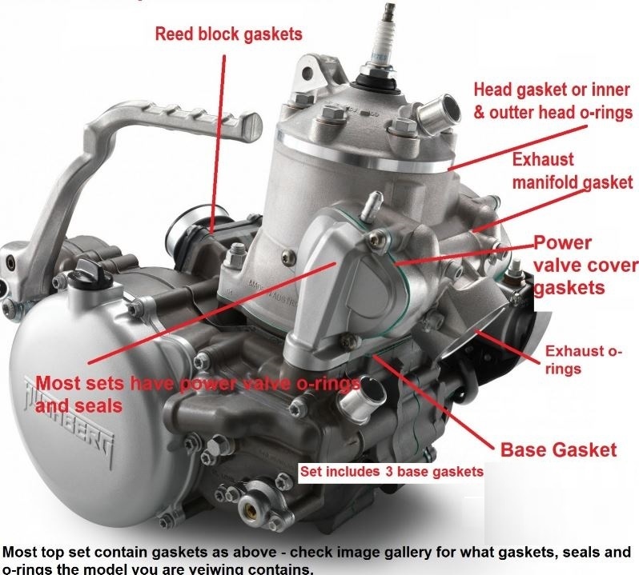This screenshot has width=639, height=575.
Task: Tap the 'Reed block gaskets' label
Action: [x=229, y=34]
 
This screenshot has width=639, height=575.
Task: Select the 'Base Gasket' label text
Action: [x=558, y=449]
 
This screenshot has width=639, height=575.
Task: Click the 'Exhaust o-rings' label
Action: [x=583, y=360]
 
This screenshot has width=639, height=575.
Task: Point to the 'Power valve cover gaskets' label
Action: [x=585, y=265]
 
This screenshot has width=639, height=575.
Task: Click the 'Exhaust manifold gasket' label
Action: [x=573, y=170]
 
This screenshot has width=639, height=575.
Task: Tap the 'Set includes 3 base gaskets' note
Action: [x=392, y=472]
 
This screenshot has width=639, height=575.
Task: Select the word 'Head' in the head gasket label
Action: [x=493, y=90]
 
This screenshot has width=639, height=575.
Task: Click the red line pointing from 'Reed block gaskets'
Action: [x=219, y=144]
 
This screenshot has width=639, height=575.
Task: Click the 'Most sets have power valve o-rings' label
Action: [x=198, y=384]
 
